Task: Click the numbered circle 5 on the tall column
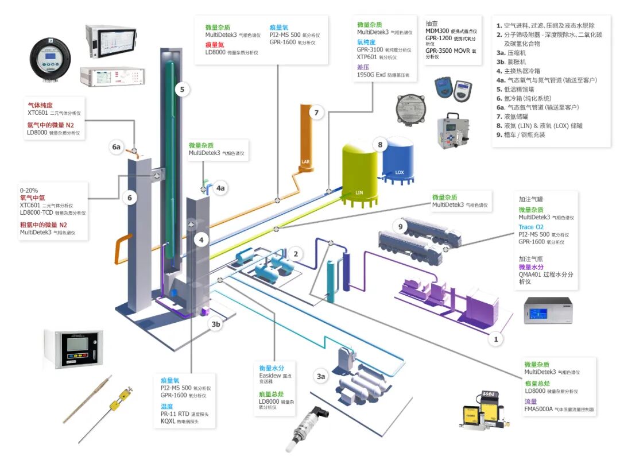pyautogui.click(x=182, y=90)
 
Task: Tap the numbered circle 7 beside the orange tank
pyautogui.click(x=316, y=113)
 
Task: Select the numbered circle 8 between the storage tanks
pyautogui.click(x=379, y=144)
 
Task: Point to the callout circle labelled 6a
pyautogui.click(x=117, y=147)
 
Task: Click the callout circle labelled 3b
pyautogui.click(x=215, y=324)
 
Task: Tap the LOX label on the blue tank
pyautogui.click(x=400, y=172)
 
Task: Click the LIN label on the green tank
pyautogui.click(x=359, y=192)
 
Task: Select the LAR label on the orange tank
pyautogui.click(x=305, y=163)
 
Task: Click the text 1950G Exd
pyautogui.click(x=372, y=75)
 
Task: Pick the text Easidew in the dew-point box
pyautogui.click(x=269, y=376)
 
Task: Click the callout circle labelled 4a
pyautogui.click(x=221, y=188)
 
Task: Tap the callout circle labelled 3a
pyautogui.click(x=321, y=377)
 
